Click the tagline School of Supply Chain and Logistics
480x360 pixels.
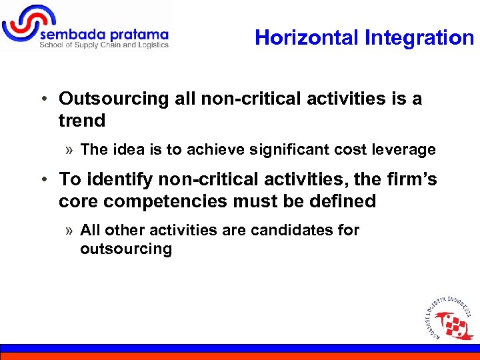pos(104,45)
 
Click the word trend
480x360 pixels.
pos(82,121)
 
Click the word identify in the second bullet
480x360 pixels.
pos(113,179)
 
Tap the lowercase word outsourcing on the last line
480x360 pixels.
pos(126,249)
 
